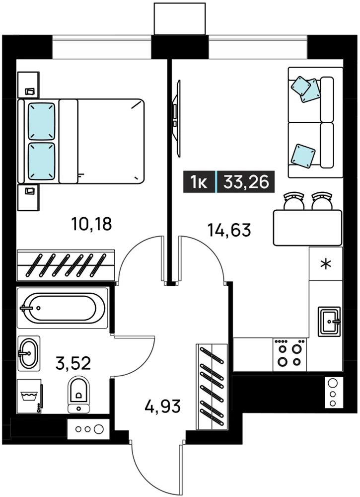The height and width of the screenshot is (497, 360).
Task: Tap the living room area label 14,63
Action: click(x=229, y=230)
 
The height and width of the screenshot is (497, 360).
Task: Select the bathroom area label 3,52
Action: click(x=73, y=363)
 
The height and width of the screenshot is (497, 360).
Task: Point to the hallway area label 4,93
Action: click(x=162, y=406)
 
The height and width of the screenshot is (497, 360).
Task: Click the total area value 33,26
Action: click(x=246, y=182)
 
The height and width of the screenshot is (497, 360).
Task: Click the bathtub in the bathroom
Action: click(x=62, y=308)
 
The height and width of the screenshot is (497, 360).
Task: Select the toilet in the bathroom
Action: click(x=78, y=395)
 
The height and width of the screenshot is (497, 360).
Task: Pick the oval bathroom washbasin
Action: click(x=29, y=353)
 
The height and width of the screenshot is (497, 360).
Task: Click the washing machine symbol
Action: click(x=30, y=396)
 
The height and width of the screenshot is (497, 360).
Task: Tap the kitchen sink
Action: click(x=329, y=322)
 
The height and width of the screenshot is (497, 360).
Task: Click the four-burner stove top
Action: click(x=289, y=354)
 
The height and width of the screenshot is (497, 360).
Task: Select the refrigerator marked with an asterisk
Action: click(x=326, y=264)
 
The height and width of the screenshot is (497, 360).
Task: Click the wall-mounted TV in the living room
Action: click(x=177, y=118)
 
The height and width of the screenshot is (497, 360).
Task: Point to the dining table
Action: click(x=308, y=228)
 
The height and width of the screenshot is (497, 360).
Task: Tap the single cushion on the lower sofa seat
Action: click(x=303, y=155)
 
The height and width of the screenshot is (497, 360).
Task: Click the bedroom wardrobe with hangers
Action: click(x=66, y=265)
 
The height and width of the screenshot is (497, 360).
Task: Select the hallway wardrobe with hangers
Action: click(x=212, y=387)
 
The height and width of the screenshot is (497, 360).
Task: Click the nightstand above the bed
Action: click(x=28, y=85)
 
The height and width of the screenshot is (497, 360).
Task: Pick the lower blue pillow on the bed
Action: click(x=42, y=162)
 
